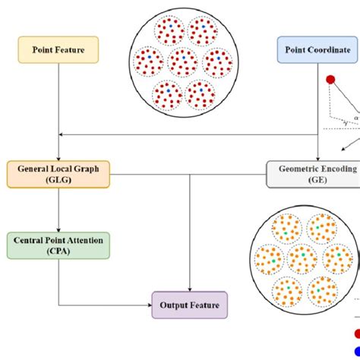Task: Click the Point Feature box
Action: click(x=58, y=50)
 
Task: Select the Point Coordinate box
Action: click(x=317, y=50)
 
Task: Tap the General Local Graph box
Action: click(x=58, y=174)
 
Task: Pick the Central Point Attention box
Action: click(x=58, y=245)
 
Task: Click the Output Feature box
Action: click(x=188, y=305)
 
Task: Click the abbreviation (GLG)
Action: click(x=58, y=181)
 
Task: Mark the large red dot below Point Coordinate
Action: click(x=330, y=79)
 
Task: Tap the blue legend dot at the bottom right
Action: click(x=357, y=350)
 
